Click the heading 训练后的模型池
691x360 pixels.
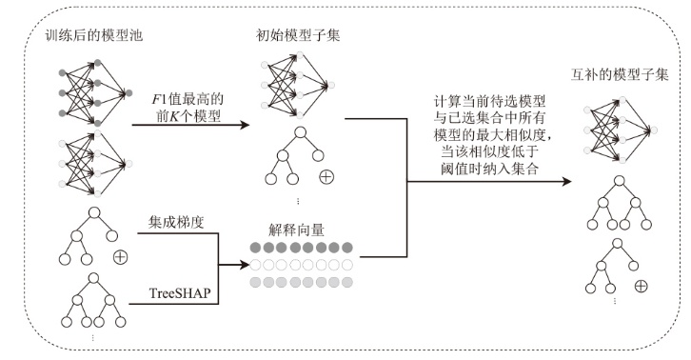[94, 35]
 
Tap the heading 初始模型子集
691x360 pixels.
[298, 35]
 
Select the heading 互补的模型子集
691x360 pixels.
[620, 74]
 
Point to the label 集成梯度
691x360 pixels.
[176, 222]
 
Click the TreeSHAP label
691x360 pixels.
[180, 293]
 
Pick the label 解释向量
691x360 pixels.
[296, 230]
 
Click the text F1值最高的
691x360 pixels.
[188, 99]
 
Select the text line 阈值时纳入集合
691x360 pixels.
[489, 169]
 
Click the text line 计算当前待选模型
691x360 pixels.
[489, 102]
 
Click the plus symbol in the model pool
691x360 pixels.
[120, 257]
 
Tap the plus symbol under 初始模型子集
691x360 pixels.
[326, 177]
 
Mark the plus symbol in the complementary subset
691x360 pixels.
[641, 287]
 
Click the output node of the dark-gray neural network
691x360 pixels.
[128, 93]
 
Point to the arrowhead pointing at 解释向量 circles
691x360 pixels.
[245, 265]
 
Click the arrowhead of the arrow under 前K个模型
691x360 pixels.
[245, 125]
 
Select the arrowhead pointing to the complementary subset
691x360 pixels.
[566, 181]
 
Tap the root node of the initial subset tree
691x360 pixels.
[300, 132]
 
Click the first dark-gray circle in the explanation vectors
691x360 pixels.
[256, 248]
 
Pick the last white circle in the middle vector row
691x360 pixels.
[347, 265]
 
